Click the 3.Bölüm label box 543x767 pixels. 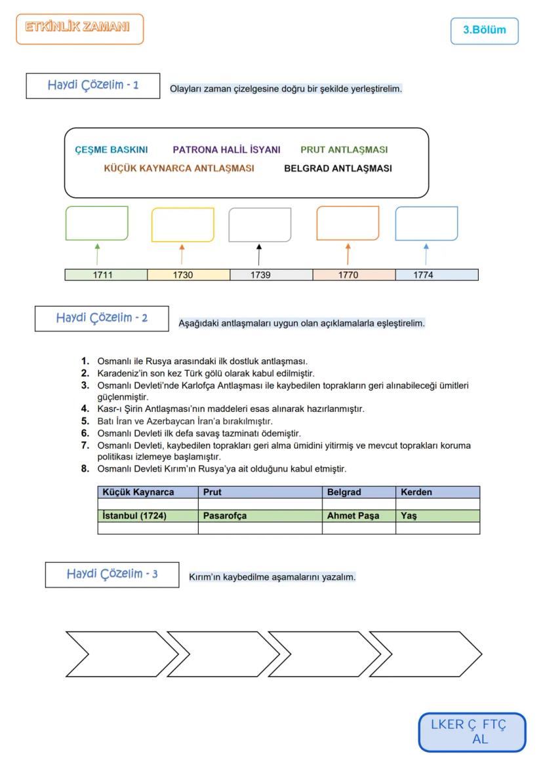point(484,30)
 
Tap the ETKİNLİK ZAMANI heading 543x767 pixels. point(79,29)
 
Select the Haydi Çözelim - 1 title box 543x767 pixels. point(93,86)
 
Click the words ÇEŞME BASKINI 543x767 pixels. point(111,149)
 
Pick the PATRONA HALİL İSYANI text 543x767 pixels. point(226,149)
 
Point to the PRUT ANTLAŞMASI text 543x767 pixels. point(344,149)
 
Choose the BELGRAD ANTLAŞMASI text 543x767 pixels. point(338,168)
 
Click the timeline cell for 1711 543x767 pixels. point(106,275)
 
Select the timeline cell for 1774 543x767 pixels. point(437,275)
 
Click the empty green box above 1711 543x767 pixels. point(97,223)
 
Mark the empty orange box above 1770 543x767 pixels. point(348,223)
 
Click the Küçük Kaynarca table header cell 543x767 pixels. point(148,492)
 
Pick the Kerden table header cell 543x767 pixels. point(437,492)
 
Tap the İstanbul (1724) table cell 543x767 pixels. point(148,516)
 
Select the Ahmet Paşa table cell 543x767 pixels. point(359,516)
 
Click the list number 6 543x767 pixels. point(85,434)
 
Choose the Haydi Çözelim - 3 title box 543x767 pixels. point(112,574)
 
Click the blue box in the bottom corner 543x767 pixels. point(472,732)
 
